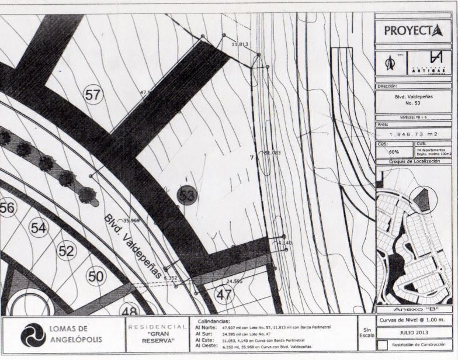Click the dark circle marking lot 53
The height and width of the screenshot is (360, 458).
187,195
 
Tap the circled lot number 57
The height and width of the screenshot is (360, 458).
93,95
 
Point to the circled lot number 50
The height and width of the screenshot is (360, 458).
96,275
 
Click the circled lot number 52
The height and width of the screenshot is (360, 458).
67,251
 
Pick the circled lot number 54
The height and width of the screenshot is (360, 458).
38,228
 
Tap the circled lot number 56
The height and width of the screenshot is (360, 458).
7,207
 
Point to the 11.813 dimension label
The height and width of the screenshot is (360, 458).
240,44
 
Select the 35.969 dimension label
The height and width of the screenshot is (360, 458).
131,220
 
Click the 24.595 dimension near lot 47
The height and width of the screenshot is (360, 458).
234,281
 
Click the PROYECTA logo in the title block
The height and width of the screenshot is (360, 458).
413,30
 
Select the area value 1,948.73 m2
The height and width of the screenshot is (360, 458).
413,134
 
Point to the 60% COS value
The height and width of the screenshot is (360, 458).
386,151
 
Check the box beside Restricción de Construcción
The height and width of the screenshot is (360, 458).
382,345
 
